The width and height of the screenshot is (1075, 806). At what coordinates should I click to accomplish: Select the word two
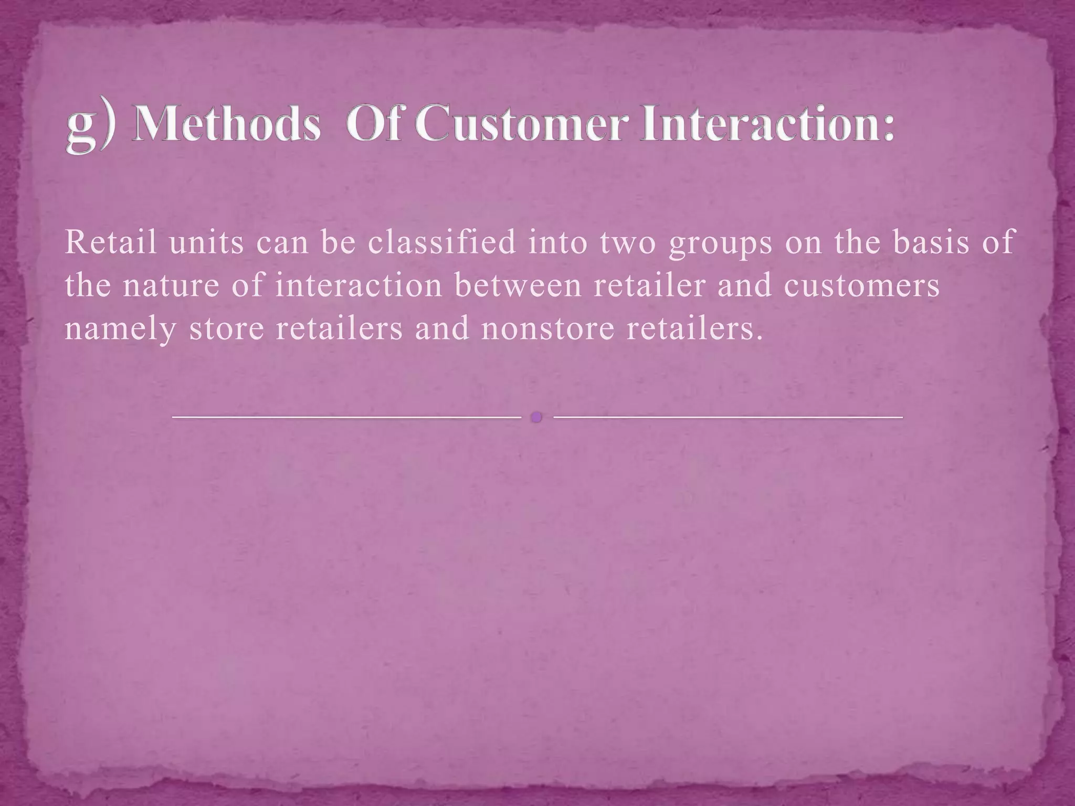628,243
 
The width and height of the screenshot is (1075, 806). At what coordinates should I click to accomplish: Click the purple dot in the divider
536,417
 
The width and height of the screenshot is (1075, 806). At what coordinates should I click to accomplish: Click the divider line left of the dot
346,417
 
